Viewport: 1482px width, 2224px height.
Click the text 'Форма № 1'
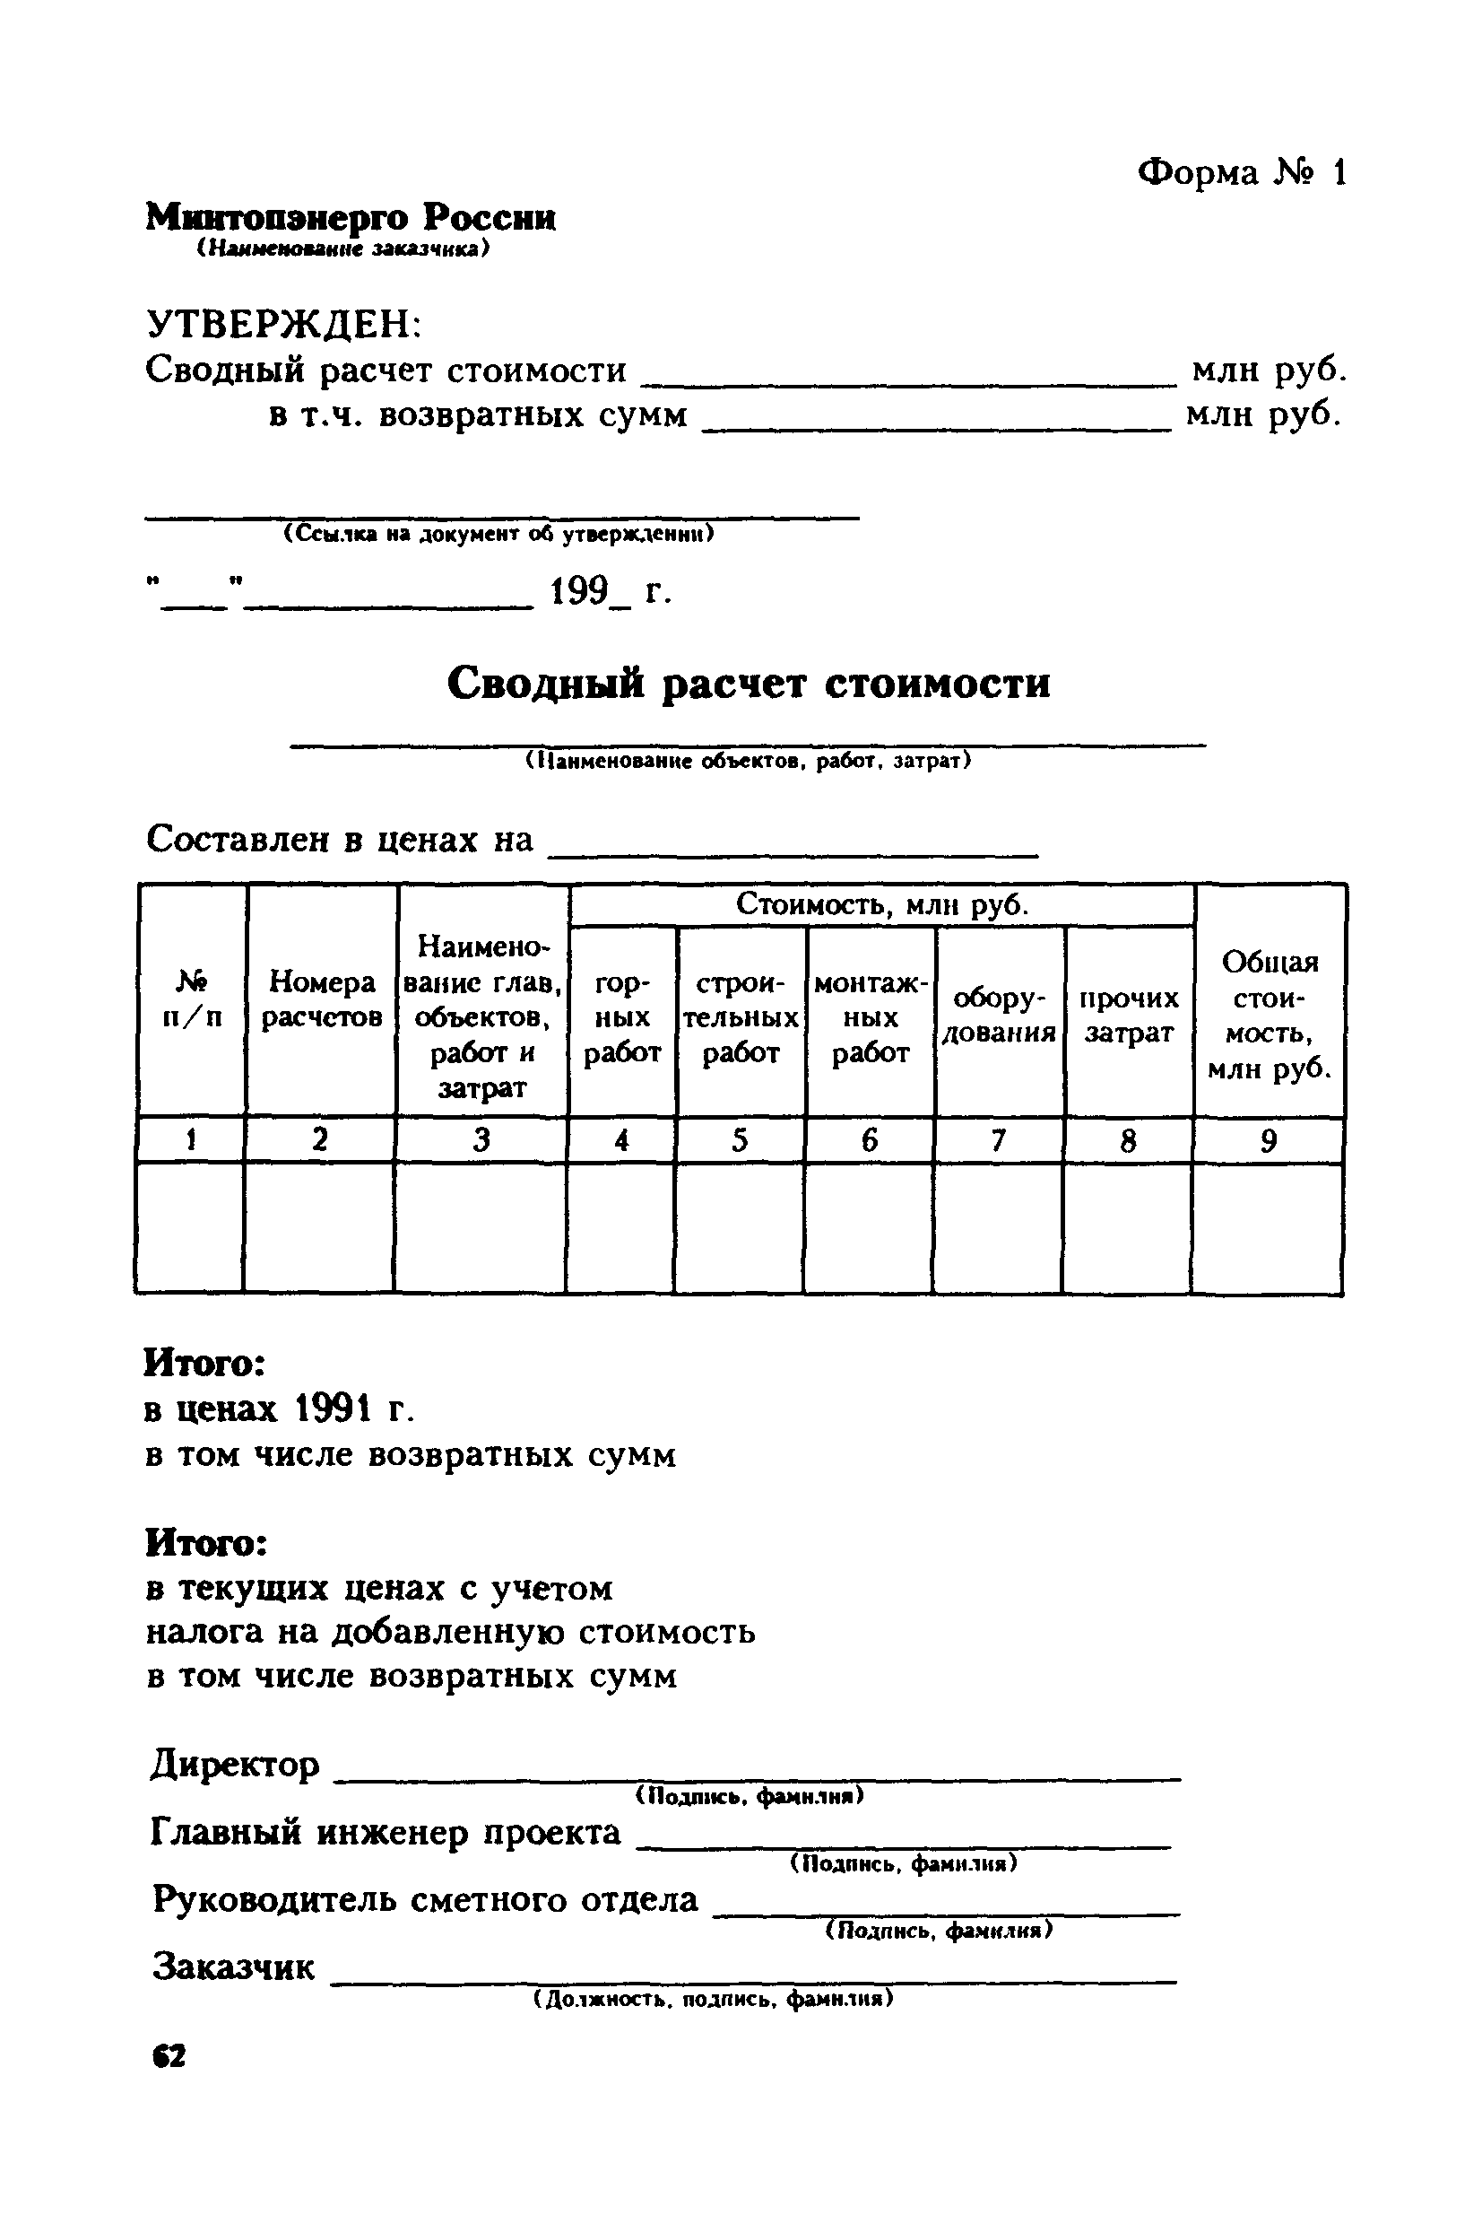(1241, 173)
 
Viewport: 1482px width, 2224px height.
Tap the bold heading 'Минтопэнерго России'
(351, 218)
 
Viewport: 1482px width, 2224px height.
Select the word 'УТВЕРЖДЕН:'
(284, 325)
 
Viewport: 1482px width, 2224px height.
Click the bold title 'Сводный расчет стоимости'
(748, 683)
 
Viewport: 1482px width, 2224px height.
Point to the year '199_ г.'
(611, 592)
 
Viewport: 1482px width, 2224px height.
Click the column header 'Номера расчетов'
(321, 999)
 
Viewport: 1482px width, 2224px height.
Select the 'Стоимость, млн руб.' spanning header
(882, 905)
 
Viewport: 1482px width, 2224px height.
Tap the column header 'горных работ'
(622, 1018)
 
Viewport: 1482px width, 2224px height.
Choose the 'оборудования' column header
(1000, 1016)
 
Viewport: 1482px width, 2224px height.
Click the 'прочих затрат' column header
(1130, 1016)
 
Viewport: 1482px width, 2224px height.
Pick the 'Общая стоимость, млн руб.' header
(1270, 1016)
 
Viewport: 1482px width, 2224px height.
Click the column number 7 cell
(998, 1140)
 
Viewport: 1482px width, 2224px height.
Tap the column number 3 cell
(481, 1140)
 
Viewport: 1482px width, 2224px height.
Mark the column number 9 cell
(1269, 1140)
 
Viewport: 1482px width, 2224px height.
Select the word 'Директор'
(235, 1765)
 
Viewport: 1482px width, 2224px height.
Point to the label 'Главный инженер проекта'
(386, 1833)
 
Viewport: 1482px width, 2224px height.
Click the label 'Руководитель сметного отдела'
(425, 1898)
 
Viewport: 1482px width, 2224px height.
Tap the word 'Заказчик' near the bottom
(233, 1967)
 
